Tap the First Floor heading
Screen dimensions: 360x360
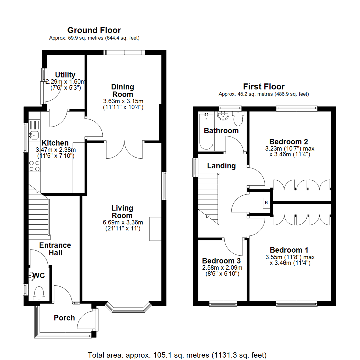click(264, 87)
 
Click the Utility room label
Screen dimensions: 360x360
click(65, 75)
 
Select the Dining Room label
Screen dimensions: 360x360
click(122, 90)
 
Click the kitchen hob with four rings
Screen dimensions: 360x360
click(34, 166)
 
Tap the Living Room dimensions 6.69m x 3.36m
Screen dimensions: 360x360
click(122, 223)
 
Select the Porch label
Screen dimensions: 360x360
click(64, 318)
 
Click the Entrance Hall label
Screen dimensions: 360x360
click(55, 249)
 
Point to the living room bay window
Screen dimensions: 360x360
click(128, 308)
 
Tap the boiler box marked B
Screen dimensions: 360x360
click(266, 202)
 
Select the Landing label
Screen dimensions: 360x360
click(221, 166)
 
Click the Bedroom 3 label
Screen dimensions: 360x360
click(222, 260)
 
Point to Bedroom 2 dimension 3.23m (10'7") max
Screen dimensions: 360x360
click(290, 148)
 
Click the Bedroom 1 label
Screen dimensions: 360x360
click(289, 250)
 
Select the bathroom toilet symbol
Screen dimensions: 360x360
click(239, 118)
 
